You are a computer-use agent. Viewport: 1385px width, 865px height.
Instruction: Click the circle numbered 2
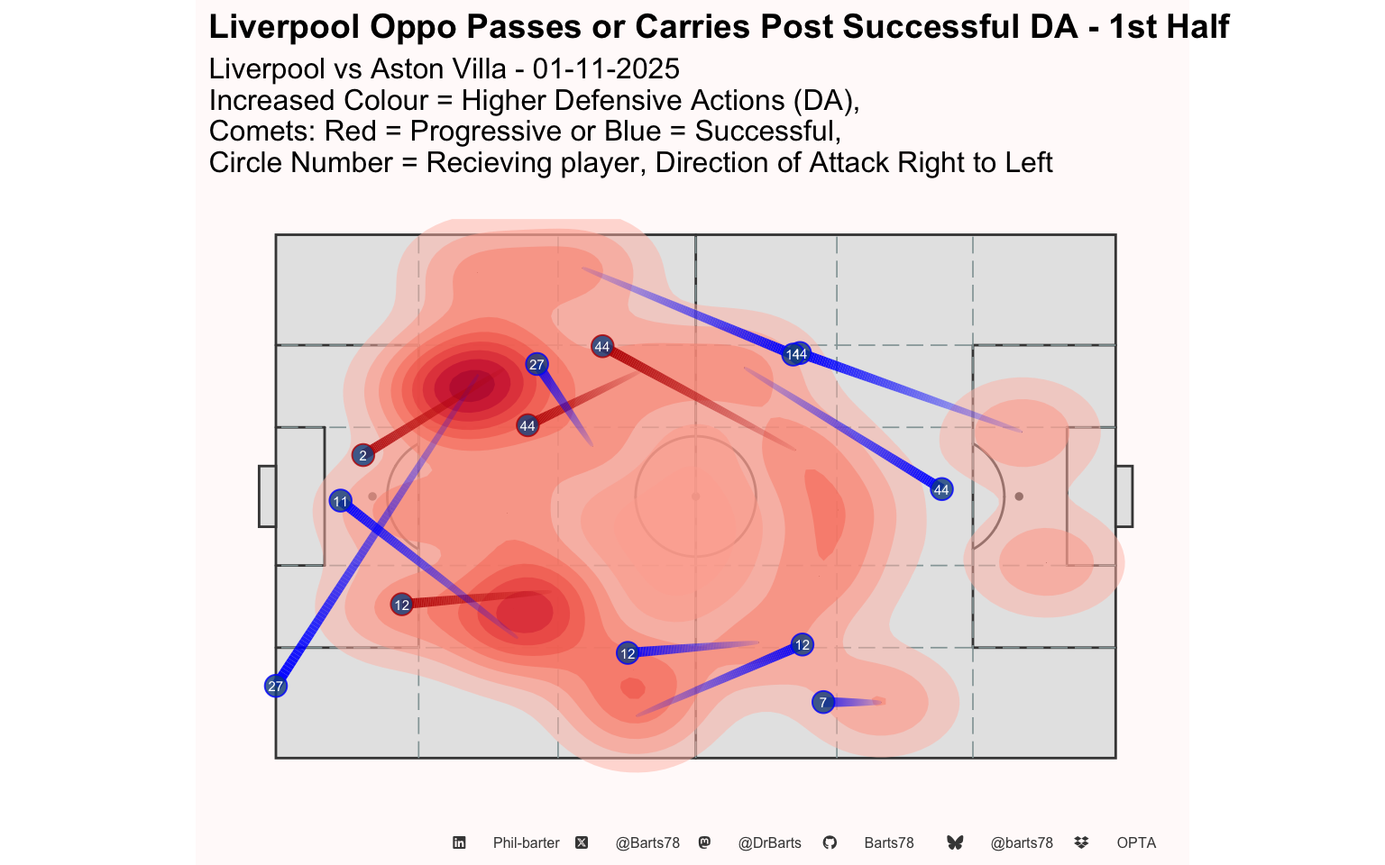point(362,456)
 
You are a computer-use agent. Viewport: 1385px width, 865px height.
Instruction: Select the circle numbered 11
point(340,502)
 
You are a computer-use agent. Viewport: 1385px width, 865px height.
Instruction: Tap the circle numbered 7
point(822,703)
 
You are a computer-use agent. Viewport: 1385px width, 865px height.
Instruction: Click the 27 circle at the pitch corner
point(275,687)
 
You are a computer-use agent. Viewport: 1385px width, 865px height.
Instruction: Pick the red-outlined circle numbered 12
point(401,605)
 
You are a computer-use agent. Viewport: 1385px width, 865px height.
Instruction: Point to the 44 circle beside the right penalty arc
point(941,490)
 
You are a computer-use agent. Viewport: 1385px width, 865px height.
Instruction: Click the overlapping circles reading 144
point(796,355)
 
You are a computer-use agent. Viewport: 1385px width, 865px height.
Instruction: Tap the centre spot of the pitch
point(695,496)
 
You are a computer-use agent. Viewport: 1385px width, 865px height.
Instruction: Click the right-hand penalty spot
point(1019,496)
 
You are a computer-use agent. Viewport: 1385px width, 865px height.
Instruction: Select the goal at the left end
point(267,496)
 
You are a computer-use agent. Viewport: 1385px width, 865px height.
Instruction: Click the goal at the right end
point(1124,496)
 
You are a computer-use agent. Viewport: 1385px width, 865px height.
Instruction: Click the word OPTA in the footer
point(1136,843)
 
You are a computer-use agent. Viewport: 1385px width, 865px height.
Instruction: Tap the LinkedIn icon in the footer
point(459,843)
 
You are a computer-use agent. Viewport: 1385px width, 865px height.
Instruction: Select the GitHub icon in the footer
point(830,843)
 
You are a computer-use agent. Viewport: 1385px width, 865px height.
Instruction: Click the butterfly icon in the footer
point(955,843)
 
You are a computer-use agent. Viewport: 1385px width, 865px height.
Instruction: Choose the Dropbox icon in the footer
point(1081,843)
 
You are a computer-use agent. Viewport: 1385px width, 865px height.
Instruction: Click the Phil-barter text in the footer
point(526,843)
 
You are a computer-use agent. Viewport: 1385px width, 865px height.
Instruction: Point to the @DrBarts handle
point(769,843)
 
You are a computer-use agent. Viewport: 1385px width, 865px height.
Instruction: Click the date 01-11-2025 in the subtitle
point(606,69)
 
